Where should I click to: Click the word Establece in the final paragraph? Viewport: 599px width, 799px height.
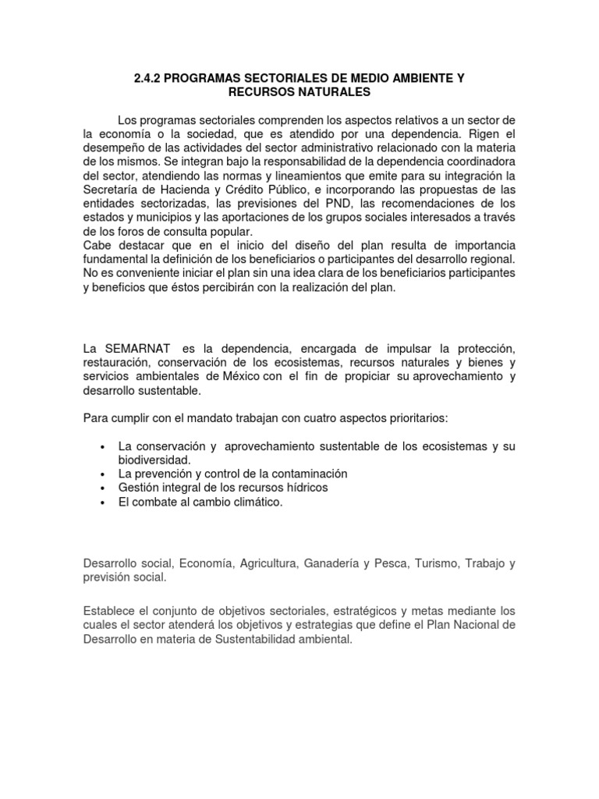point(109,612)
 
